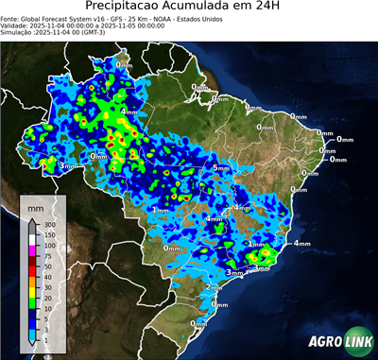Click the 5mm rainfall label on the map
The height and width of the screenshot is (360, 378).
click(x=220, y=167)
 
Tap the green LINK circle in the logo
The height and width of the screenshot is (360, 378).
click(x=355, y=343)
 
